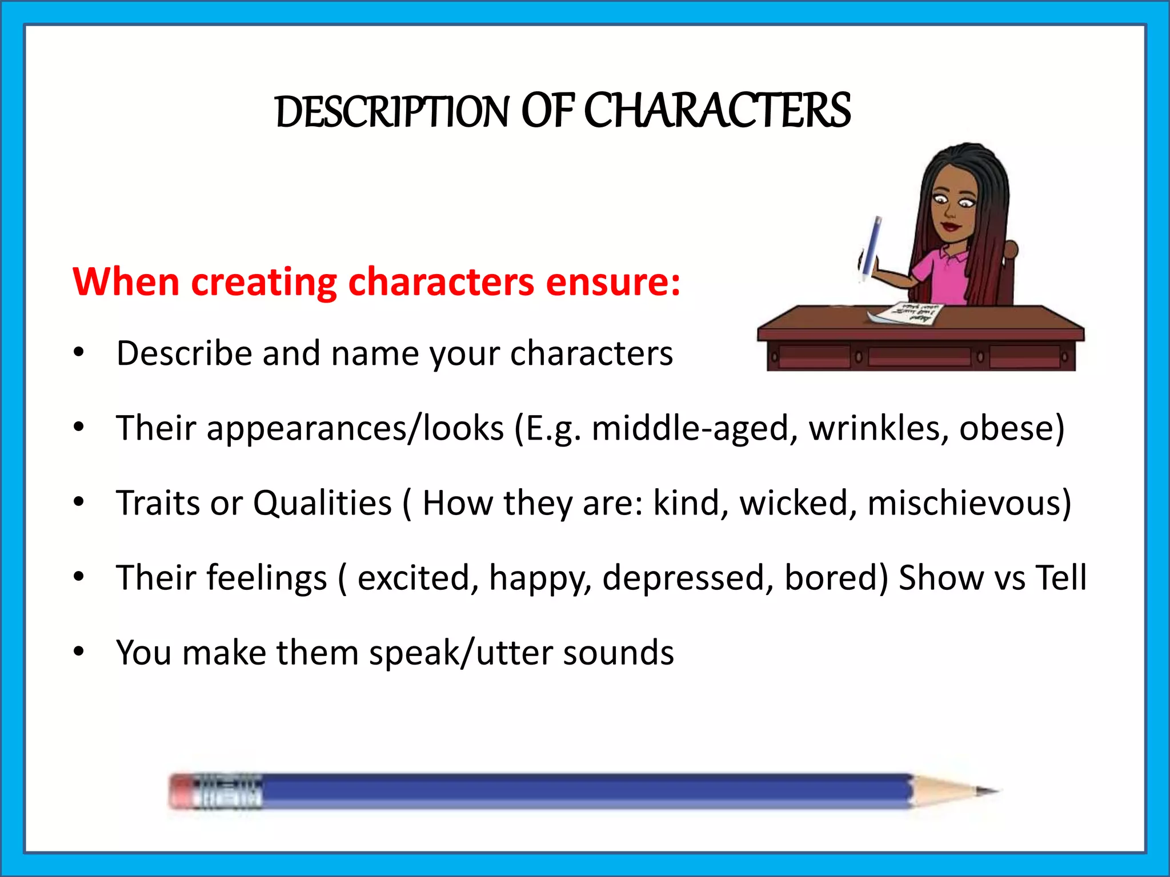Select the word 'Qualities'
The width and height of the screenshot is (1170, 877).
[322, 502]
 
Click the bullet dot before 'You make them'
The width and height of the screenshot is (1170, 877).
[79, 651]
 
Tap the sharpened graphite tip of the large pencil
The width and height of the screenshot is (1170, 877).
[987, 791]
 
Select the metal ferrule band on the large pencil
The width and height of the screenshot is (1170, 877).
[229, 791]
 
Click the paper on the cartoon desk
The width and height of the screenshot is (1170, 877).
[908, 315]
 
